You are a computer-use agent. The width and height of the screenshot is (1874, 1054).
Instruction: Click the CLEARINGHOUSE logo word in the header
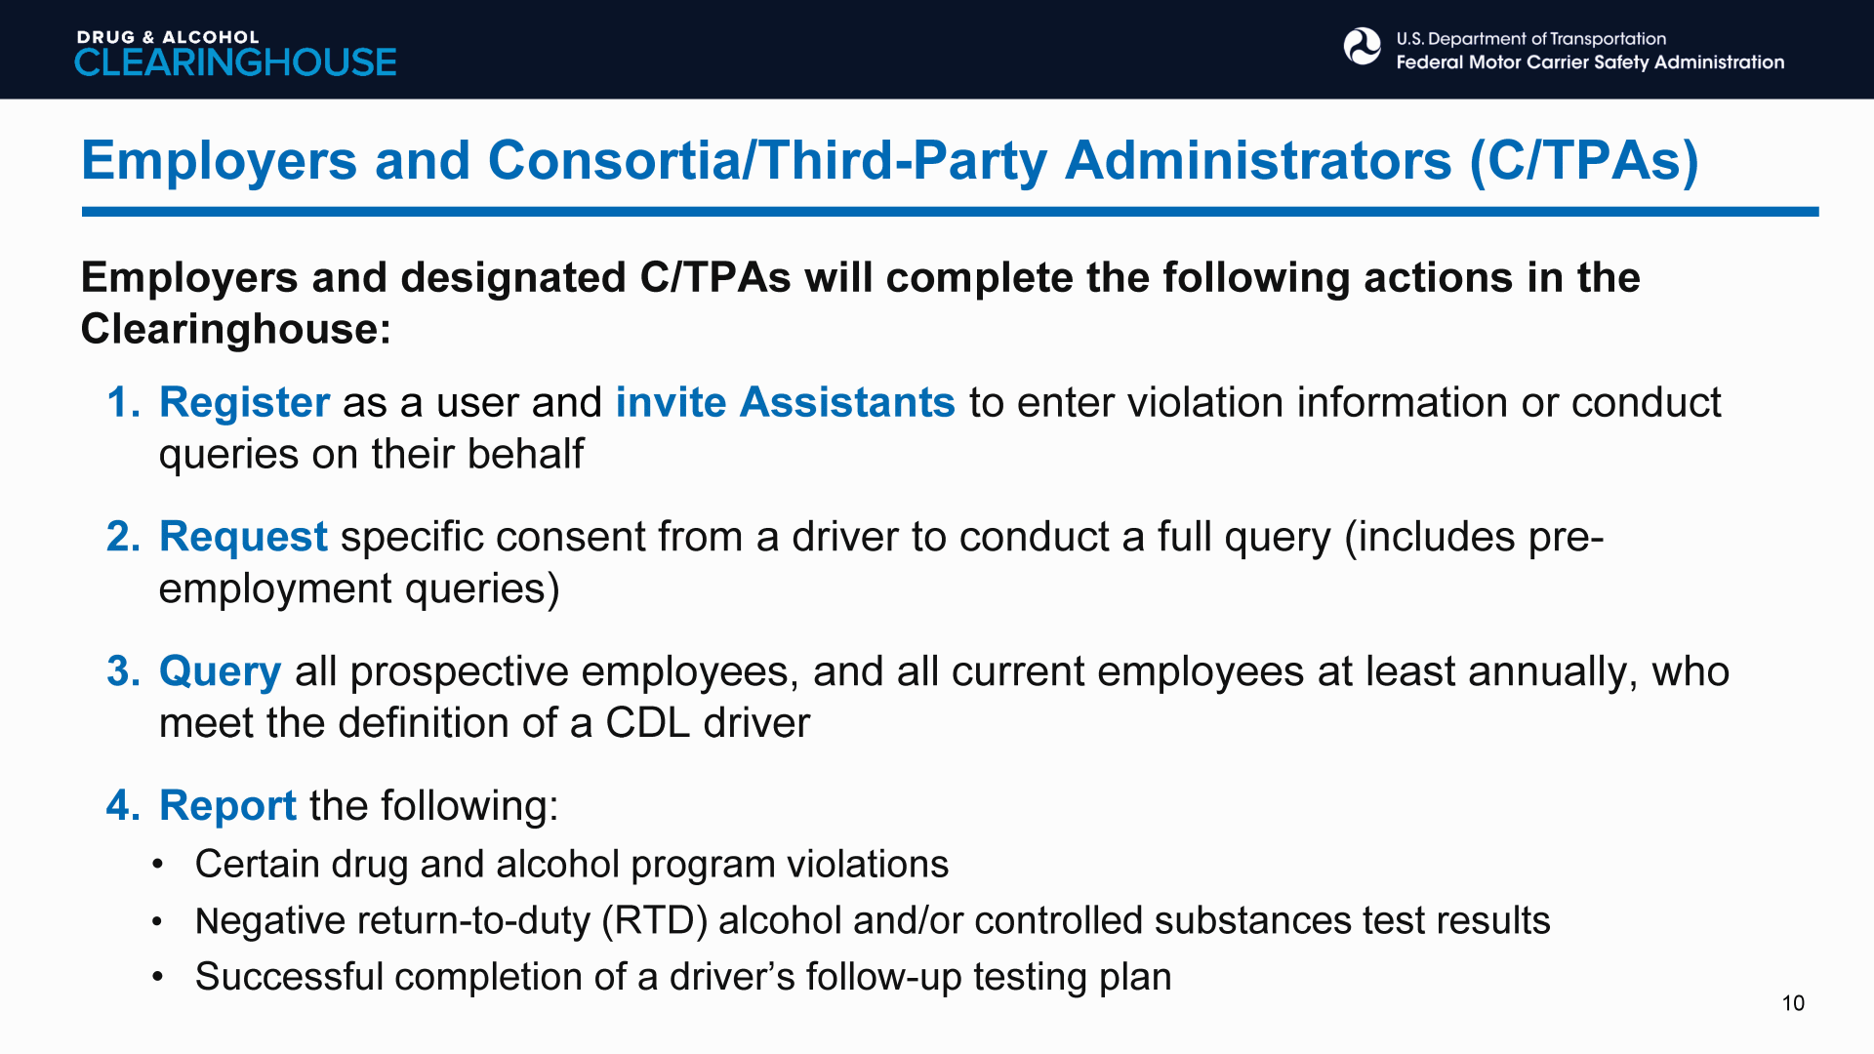(x=235, y=62)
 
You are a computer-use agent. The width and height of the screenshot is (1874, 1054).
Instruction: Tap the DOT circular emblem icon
(x=1362, y=47)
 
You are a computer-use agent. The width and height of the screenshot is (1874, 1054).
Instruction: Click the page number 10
(x=1793, y=1003)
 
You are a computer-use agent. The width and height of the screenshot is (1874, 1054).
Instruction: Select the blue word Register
(x=244, y=402)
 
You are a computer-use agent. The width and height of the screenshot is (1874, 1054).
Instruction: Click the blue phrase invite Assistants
(x=785, y=402)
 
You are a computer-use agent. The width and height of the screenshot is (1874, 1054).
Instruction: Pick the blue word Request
(x=243, y=537)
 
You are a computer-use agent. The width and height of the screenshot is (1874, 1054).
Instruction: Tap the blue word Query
(x=220, y=671)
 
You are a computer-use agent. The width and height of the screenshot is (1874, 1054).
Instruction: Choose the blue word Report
(x=227, y=806)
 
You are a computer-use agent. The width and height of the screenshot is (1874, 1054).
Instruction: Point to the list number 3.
(x=123, y=671)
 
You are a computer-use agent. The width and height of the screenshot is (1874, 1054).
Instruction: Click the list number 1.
(x=123, y=402)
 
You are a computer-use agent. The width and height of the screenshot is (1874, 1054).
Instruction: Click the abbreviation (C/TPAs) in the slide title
(x=1584, y=161)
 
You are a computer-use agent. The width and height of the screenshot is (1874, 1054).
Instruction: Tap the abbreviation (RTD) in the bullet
(x=654, y=921)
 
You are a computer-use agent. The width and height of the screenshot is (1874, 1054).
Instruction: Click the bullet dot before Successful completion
(x=157, y=977)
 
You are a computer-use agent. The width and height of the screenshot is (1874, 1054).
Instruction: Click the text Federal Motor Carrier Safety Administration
(x=1590, y=62)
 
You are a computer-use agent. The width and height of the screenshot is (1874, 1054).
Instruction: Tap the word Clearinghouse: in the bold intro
(x=236, y=329)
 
